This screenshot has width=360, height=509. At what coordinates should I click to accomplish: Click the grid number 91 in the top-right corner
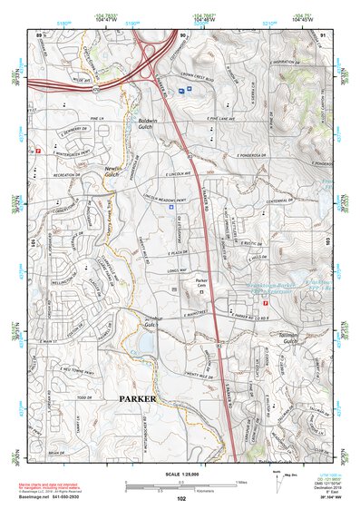point(324,35)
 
